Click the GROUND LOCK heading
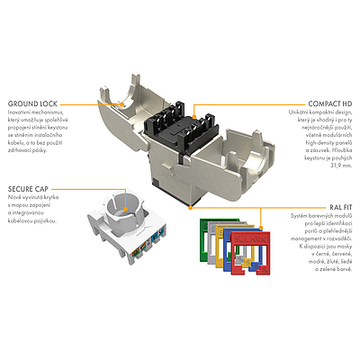32,102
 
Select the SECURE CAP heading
30,188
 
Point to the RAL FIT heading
338,205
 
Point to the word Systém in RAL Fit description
301,215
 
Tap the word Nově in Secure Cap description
14,198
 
